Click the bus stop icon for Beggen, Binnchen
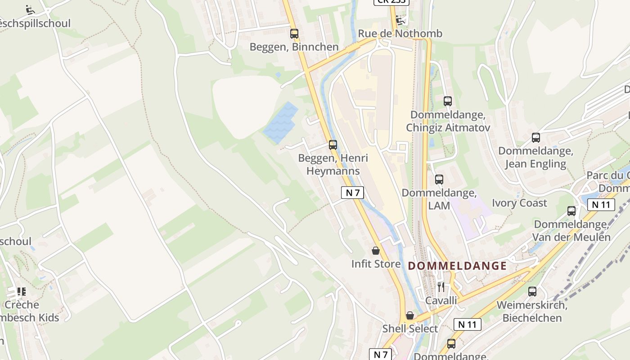(x=294, y=33)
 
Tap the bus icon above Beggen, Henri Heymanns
(x=333, y=144)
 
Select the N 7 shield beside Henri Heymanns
(x=352, y=193)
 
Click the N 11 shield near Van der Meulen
(x=601, y=205)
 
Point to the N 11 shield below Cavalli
(x=467, y=324)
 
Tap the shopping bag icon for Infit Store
(x=376, y=251)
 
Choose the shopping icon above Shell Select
(x=410, y=315)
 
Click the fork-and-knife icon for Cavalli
(x=441, y=287)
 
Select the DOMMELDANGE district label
(x=457, y=266)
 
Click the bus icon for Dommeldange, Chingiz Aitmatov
(x=448, y=101)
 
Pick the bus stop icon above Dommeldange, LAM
(x=439, y=180)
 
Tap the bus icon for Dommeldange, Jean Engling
(x=535, y=138)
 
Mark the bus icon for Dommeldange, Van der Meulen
(x=571, y=211)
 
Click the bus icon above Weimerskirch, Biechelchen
(x=532, y=292)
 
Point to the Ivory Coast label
(x=519, y=203)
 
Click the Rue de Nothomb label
(x=400, y=34)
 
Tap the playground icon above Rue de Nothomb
(x=400, y=20)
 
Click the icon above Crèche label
(x=21, y=292)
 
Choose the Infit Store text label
(x=376, y=264)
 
